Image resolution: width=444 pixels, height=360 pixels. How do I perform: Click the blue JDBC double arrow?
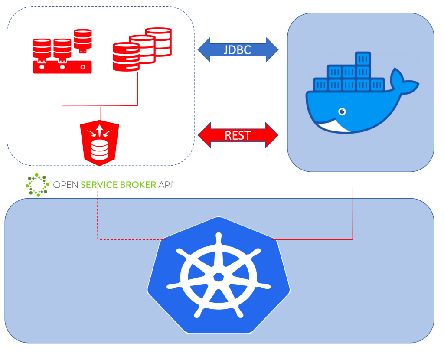(x=238, y=49)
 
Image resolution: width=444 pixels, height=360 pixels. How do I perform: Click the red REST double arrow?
(x=238, y=135)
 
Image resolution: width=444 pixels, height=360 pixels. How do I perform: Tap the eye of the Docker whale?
(x=342, y=112)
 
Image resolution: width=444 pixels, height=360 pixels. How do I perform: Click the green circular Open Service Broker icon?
(x=36, y=185)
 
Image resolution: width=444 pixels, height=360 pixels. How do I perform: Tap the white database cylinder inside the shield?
(x=100, y=150)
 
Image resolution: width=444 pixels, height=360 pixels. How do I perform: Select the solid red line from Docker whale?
(x=353, y=187)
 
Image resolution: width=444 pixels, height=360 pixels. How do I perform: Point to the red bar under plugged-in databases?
(x=62, y=67)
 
